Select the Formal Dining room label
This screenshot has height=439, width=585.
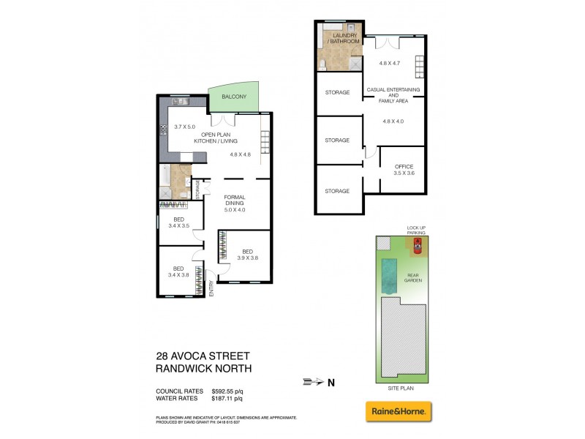234,200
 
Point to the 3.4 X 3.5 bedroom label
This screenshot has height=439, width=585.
178,222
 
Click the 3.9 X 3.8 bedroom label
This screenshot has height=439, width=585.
247,253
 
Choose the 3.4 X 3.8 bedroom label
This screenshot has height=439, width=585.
178,271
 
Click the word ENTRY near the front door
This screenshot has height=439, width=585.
211,289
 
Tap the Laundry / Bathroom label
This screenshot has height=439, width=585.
346,38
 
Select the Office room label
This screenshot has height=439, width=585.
404,169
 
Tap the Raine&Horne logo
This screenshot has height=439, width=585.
399,411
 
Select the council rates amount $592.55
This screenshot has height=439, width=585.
227,391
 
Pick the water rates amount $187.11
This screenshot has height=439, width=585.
227,399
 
